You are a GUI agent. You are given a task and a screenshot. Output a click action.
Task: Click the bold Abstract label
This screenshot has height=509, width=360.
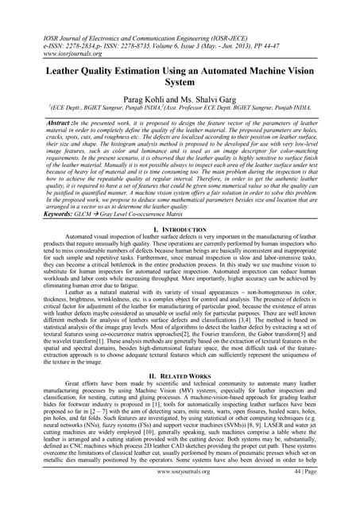click(41, 124)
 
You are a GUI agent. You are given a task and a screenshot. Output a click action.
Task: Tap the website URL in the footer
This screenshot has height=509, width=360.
click(180, 493)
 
